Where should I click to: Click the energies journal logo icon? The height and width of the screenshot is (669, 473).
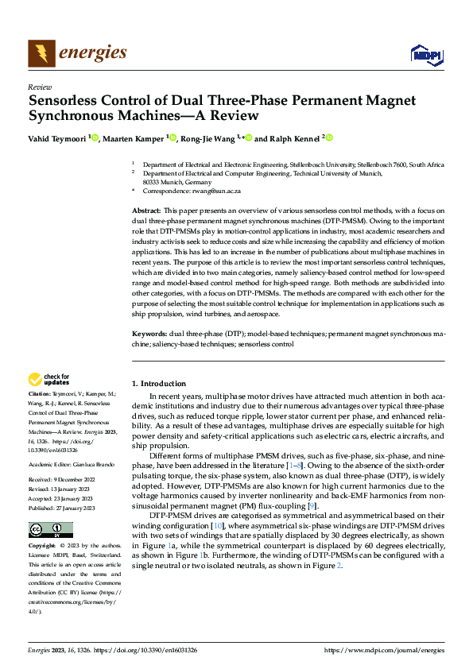[x=42, y=54]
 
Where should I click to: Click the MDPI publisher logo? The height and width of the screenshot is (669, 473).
[x=425, y=54]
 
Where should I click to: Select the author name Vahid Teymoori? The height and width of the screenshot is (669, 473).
[x=57, y=137]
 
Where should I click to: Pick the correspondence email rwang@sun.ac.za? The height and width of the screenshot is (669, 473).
[x=219, y=191]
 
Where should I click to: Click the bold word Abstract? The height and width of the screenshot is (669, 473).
[x=146, y=209]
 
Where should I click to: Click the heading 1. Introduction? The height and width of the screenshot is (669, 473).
[x=159, y=384]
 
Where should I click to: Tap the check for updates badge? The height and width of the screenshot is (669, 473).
[x=49, y=380]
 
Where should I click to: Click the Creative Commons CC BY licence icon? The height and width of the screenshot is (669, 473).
[x=50, y=529]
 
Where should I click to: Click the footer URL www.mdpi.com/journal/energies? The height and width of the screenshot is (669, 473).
[x=384, y=650]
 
